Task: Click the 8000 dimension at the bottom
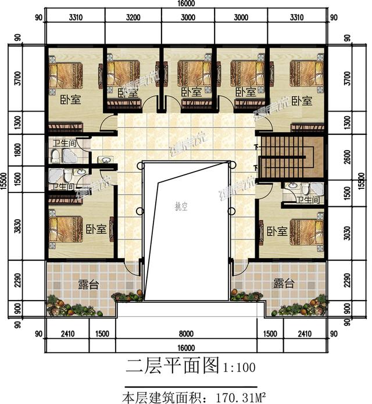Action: pos(185,334)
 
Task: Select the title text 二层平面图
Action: pos(170,367)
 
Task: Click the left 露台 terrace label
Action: pos(88,283)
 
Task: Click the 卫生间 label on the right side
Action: pos(308,200)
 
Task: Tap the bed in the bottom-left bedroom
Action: pos(65,230)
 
